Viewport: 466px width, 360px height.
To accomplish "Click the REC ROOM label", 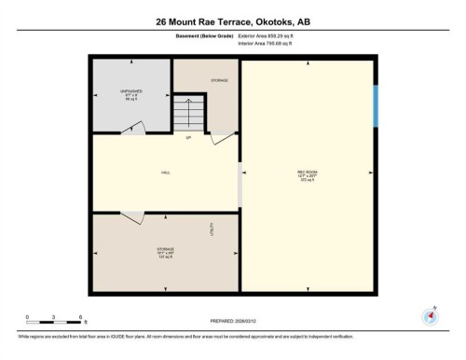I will click(x=308, y=173).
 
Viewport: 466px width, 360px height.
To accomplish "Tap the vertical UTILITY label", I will click(x=212, y=228).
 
